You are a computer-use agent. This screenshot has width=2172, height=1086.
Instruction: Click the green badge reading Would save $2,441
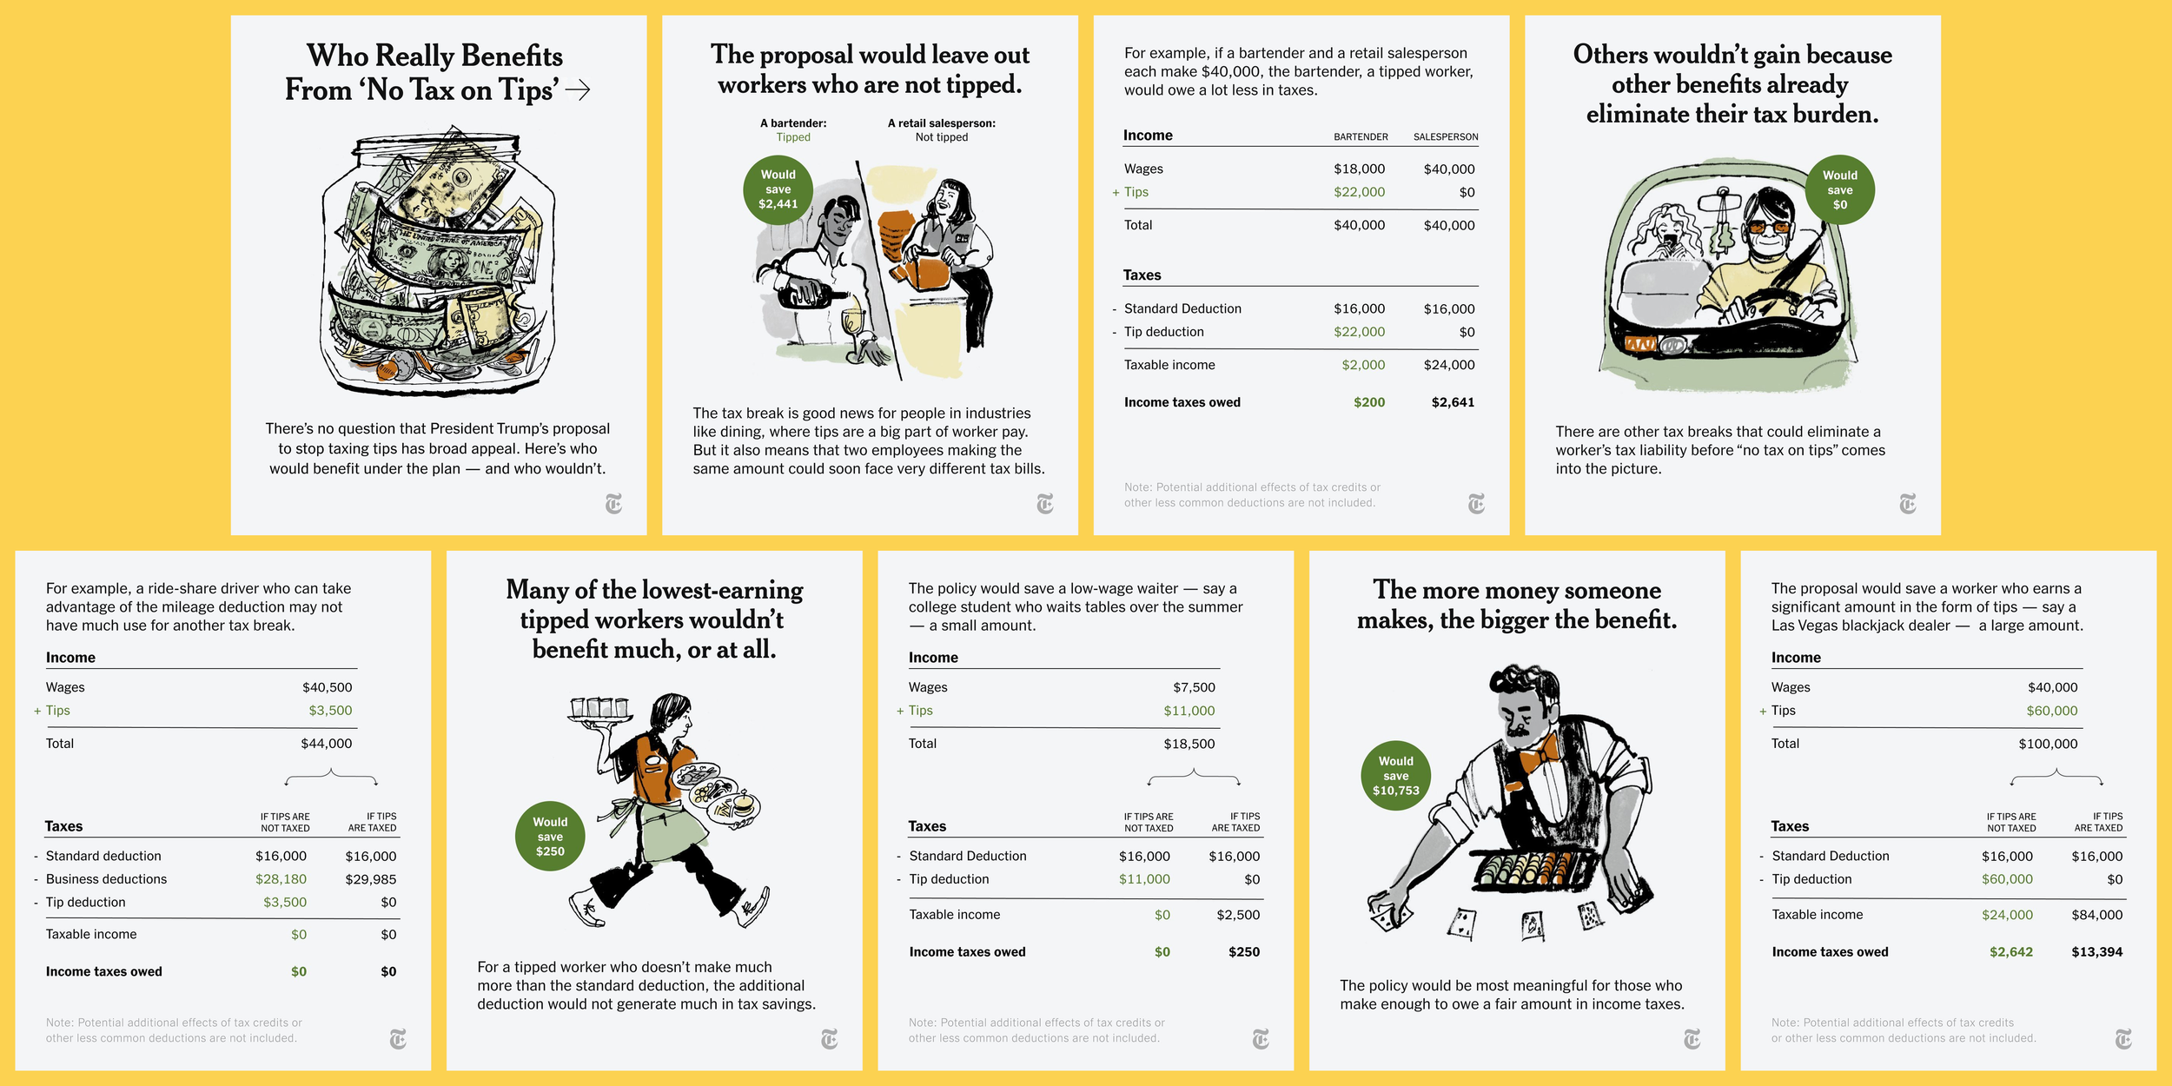[x=778, y=189]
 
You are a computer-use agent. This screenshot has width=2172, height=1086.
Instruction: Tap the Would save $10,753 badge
[x=1395, y=776]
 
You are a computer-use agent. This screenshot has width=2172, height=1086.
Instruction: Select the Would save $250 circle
[x=550, y=837]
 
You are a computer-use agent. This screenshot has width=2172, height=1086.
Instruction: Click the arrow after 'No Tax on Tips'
[x=578, y=89]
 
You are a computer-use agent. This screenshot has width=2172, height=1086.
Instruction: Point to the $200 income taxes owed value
[x=1368, y=402]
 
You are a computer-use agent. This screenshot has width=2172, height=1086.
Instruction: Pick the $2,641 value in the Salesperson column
[x=1453, y=402]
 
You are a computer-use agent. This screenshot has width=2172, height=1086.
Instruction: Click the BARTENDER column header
[x=1361, y=137]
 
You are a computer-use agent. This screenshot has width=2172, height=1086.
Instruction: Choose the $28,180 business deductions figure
[x=281, y=879]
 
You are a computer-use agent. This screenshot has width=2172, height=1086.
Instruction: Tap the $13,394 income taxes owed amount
[x=2096, y=952]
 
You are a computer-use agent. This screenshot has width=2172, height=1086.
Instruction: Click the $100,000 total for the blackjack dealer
[x=2048, y=744]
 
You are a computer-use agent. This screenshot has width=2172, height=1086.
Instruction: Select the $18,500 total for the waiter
[x=1189, y=744]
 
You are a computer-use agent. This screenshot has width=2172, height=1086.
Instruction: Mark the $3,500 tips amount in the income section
[x=330, y=711]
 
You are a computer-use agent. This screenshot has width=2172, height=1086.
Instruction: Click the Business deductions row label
[x=106, y=879]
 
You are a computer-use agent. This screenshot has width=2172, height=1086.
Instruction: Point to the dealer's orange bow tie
[x=1539, y=751]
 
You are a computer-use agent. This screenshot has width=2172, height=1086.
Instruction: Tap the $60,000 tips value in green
[x=2051, y=711]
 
